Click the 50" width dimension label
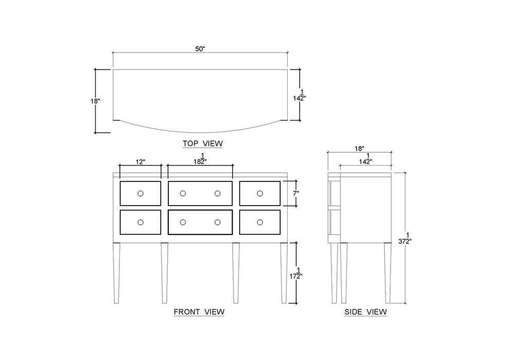[x=200, y=49]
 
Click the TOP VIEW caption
[x=203, y=143]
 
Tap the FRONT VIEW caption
[x=199, y=312]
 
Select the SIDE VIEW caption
[x=365, y=312]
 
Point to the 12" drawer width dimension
[x=140, y=162]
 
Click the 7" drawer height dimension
[x=295, y=194]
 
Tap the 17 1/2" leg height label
[x=296, y=273]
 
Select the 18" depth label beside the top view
[x=95, y=101]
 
